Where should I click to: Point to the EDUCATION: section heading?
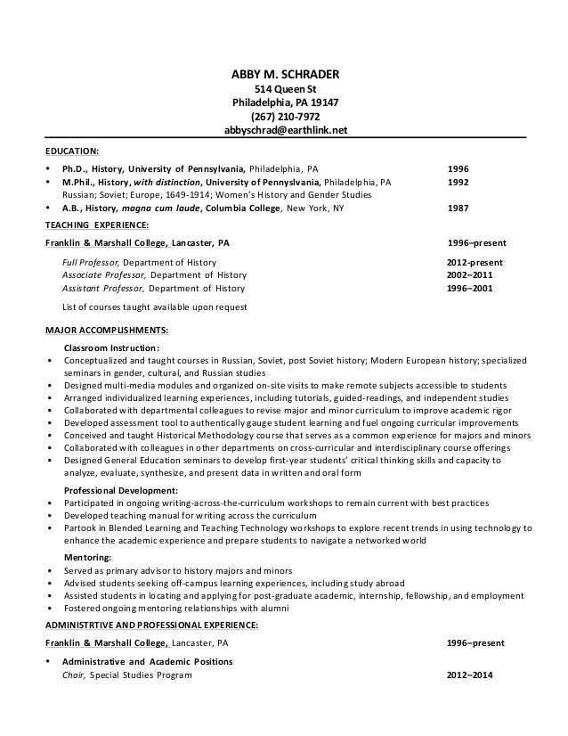pos(72,151)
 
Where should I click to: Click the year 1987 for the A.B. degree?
pos(458,209)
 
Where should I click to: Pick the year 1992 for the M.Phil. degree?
pos(458,180)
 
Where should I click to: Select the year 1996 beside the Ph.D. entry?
pos(458,167)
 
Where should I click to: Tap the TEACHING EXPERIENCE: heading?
pos(96,225)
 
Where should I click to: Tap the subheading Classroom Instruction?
pos(113,348)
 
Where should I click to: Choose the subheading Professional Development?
pos(121,490)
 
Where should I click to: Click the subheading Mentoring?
pos(88,556)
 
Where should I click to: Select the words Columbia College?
pos(241,209)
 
